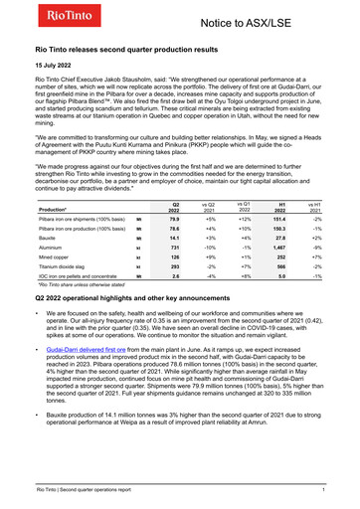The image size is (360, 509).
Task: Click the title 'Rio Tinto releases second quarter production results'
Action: pos(138,49)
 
